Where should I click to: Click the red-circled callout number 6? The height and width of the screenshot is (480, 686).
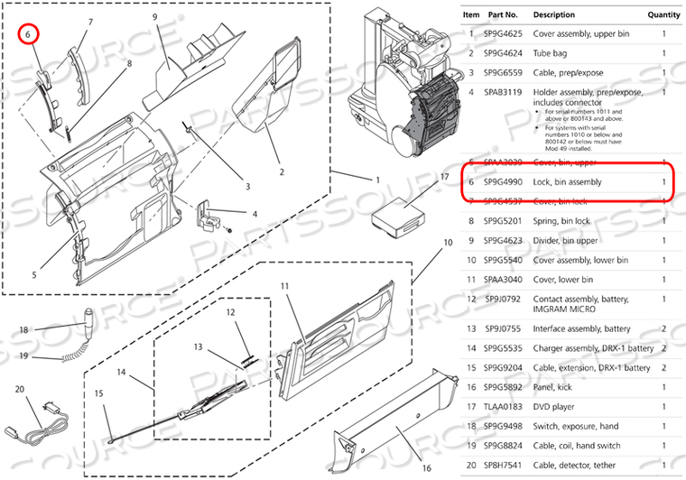pyautogui.click(x=29, y=33)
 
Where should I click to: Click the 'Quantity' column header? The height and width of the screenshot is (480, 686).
pyautogui.click(x=663, y=14)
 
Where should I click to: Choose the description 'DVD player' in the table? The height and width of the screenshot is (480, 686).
pyautogui.click(x=557, y=407)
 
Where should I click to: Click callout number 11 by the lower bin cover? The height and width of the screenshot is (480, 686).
pyautogui.click(x=283, y=286)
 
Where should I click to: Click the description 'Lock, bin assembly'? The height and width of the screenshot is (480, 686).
pyautogui.click(x=567, y=182)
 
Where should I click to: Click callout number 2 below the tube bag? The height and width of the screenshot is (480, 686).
pyautogui.click(x=281, y=172)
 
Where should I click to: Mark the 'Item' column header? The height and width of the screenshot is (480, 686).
pyautogui.click(x=471, y=14)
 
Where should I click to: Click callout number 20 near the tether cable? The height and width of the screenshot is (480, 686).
pyautogui.click(x=20, y=390)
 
